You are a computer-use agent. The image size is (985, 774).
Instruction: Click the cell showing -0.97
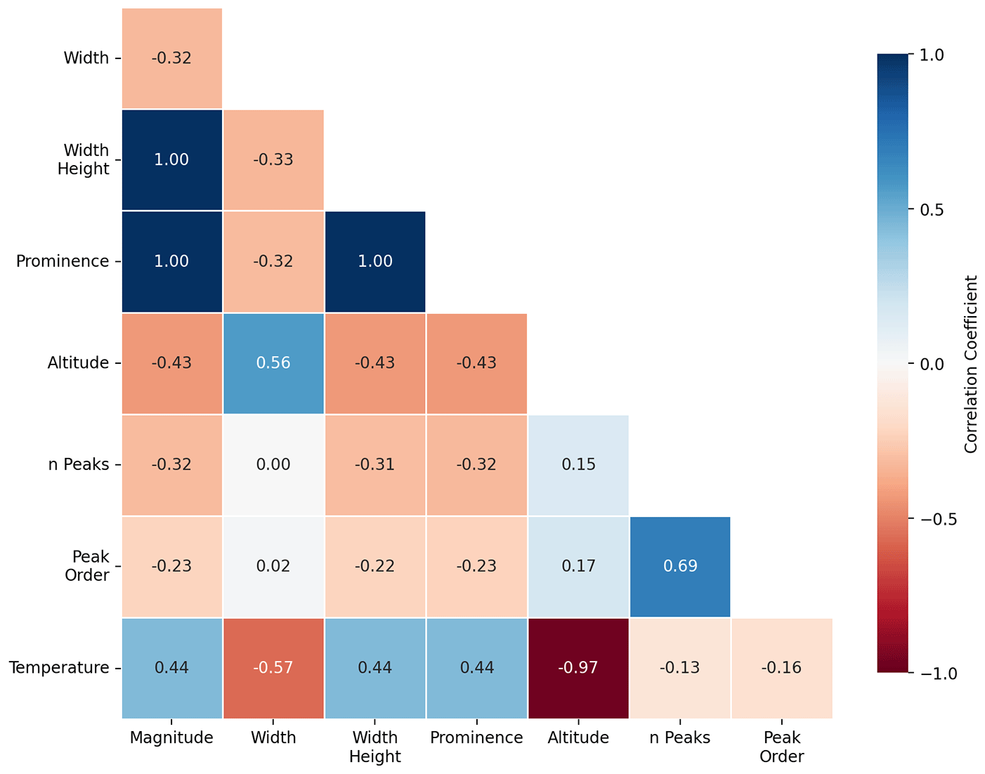[578, 668]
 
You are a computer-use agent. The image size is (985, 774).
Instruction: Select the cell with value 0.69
[680, 566]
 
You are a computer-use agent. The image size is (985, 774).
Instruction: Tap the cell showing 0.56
[273, 363]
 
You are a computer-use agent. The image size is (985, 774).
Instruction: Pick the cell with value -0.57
[273, 668]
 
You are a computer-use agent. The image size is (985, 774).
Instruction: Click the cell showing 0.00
[273, 465]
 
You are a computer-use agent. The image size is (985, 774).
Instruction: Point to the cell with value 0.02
[273, 566]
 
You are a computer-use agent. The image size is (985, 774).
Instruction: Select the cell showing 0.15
[578, 465]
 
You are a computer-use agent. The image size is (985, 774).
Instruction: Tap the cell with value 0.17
[578, 566]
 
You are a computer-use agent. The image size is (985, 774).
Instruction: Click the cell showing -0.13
[680, 668]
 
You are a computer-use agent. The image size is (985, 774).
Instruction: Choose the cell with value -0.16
[782, 668]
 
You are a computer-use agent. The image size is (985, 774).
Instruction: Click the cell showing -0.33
[273, 159]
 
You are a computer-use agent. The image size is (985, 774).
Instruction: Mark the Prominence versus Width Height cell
[375, 261]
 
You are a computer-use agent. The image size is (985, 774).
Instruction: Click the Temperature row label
[59, 668]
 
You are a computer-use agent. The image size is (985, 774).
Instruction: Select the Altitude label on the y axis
[78, 363]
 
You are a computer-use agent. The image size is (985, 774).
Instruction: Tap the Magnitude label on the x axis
[171, 737]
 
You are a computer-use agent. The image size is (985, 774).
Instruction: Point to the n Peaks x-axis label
[680, 737]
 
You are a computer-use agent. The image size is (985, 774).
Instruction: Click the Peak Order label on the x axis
[782, 747]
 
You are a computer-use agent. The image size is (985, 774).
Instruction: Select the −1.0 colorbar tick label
[937, 674]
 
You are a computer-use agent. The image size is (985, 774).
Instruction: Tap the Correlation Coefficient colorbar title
[971, 364]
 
